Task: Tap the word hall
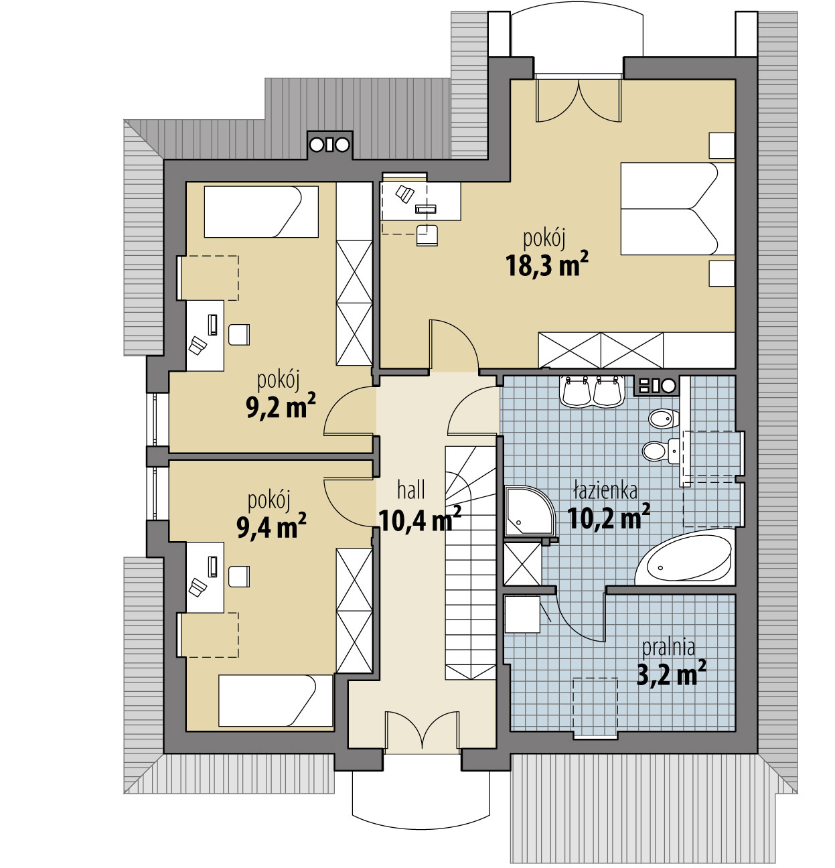pyautogui.click(x=411, y=491)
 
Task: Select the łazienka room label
pyautogui.click(x=605, y=491)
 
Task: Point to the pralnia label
pyautogui.click(x=668, y=648)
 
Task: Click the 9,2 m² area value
pyautogui.click(x=281, y=405)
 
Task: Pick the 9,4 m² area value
pyautogui.click(x=271, y=526)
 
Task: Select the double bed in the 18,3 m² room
pyautogui.click(x=678, y=209)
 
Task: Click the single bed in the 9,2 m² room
pyautogui.click(x=261, y=212)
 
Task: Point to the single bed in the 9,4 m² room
pyautogui.click(x=275, y=701)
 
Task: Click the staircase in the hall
pyautogui.click(x=471, y=563)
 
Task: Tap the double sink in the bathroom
pyautogui.click(x=591, y=391)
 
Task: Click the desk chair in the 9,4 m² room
pyautogui.click(x=239, y=576)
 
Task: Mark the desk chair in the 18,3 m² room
pyautogui.click(x=427, y=236)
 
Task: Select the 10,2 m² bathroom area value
pyautogui.click(x=609, y=518)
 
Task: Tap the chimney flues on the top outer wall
pyautogui.click(x=329, y=145)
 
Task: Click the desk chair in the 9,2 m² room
pyautogui.click(x=239, y=334)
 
